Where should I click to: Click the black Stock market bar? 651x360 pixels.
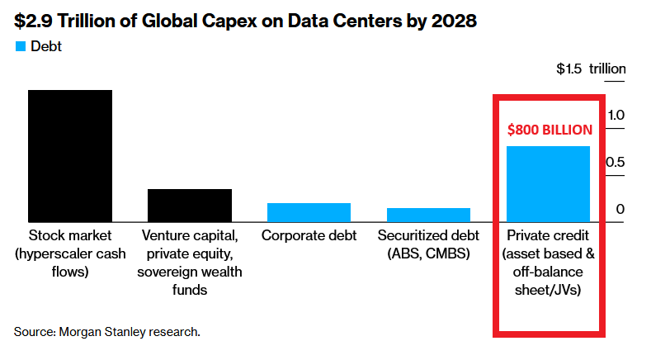tap(69, 155)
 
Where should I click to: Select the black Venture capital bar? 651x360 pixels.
tap(189, 205)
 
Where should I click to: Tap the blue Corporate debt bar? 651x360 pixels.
tap(309, 212)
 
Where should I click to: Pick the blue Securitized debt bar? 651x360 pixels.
tap(428, 215)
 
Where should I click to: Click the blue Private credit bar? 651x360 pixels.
tap(548, 183)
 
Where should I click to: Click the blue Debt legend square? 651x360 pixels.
tap(20, 47)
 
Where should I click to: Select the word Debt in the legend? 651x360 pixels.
tap(46, 47)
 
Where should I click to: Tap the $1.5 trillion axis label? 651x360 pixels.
tap(591, 69)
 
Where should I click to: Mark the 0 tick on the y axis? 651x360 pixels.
tap(620, 210)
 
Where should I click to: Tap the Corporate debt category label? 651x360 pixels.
tap(309, 235)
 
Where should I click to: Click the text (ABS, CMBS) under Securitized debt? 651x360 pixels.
tap(428, 253)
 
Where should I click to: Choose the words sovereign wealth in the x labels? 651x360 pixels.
tap(189, 272)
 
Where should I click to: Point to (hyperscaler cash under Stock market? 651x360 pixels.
tap(69, 253)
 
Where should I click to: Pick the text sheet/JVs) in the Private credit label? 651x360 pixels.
tap(548, 290)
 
